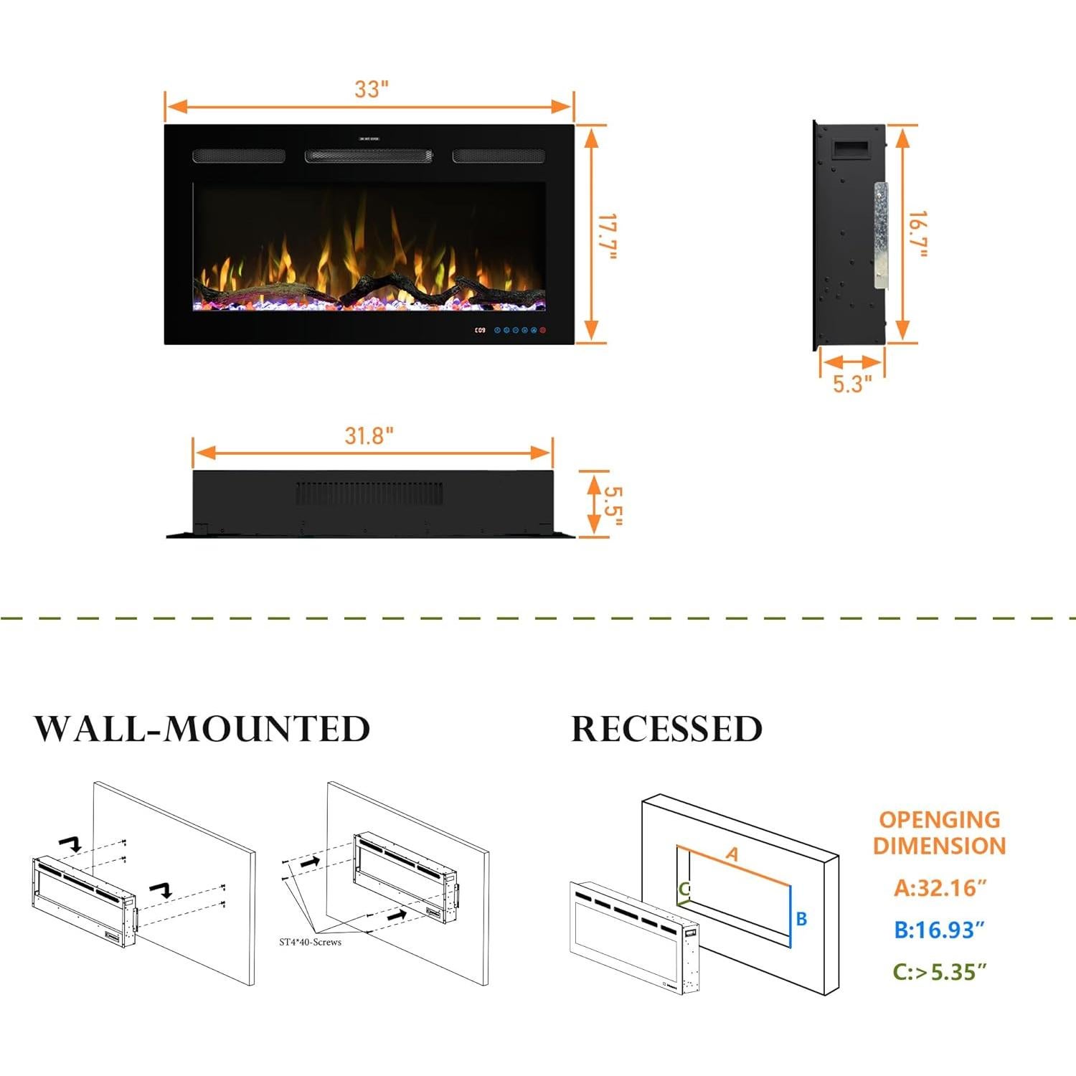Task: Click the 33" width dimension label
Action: [x=371, y=89]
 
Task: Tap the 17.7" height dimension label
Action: [x=608, y=237]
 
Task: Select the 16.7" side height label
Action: [x=918, y=234]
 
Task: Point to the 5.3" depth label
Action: [x=852, y=384]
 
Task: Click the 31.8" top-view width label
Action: [x=369, y=435]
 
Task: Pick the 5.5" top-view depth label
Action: [x=612, y=505]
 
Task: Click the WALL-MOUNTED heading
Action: [x=202, y=729]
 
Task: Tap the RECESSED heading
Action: [x=666, y=729]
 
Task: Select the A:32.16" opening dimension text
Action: [x=940, y=888]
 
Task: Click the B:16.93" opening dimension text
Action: [x=939, y=930]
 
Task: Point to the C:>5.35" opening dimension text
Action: [x=939, y=973]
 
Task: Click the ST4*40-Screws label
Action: [x=310, y=942]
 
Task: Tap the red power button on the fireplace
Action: [x=543, y=330]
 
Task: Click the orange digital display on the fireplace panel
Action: [x=480, y=330]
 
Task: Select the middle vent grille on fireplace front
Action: [x=369, y=156]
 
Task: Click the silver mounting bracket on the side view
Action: [x=880, y=235]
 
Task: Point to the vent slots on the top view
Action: [x=369, y=493]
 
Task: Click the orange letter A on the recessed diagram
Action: [x=732, y=854]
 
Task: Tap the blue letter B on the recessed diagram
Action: [x=801, y=919]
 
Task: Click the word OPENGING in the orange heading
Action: [x=939, y=820]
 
